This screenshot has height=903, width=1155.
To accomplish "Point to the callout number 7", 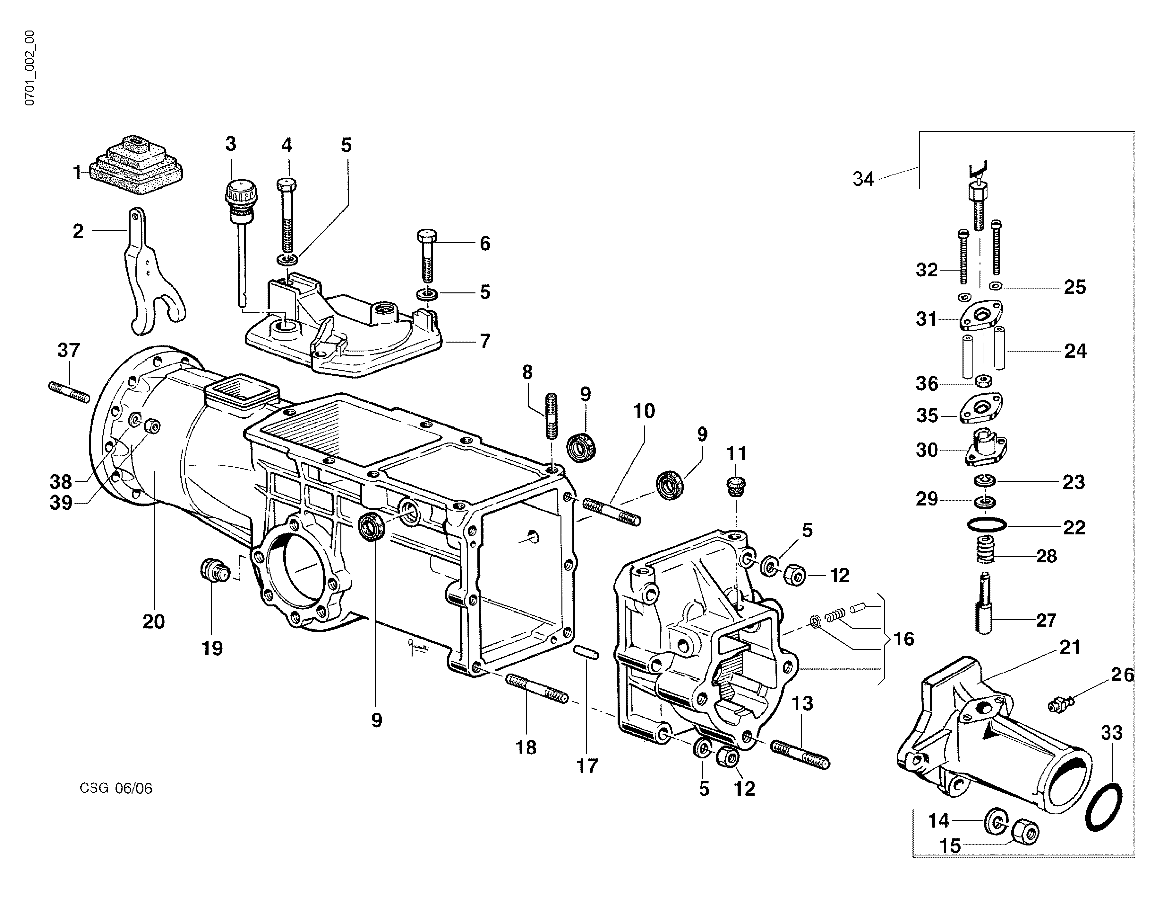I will coord(485,341).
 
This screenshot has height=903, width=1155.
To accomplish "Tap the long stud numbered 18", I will coord(537,688).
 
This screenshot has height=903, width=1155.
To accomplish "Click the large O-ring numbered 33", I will coord(1104,807).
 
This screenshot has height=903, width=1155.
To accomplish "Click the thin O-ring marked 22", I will coord(986,526).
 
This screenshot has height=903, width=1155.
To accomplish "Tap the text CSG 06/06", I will coord(116,789).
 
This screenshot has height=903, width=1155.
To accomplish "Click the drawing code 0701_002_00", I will coord(30,68).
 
